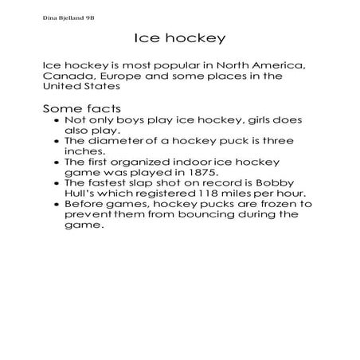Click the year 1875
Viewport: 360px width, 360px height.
186,170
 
